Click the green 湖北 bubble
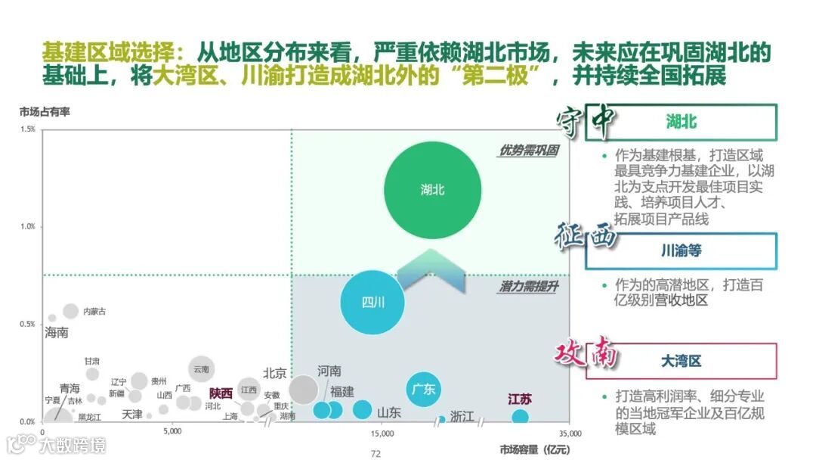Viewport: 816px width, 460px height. coord(432,190)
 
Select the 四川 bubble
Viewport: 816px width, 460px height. coord(372,303)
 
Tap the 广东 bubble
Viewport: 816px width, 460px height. coord(423,390)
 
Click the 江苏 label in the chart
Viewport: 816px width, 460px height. coord(519,399)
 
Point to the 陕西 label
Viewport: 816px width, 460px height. coord(221,393)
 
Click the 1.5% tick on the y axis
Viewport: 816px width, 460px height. coord(27,129)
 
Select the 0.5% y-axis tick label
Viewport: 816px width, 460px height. coord(27,325)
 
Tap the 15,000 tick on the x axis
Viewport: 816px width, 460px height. coord(383,434)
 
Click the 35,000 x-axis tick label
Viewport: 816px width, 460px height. coord(570,434)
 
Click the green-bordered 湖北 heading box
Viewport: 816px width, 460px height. coord(681,122)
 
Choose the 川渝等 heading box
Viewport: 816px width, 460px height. coord(681,250)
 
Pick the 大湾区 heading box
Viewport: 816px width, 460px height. coord(681,361)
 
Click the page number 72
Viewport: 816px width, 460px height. coord(376,453)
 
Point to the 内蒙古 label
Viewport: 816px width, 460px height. coord(94,312)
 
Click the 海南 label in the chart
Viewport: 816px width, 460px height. coord(57,332)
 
